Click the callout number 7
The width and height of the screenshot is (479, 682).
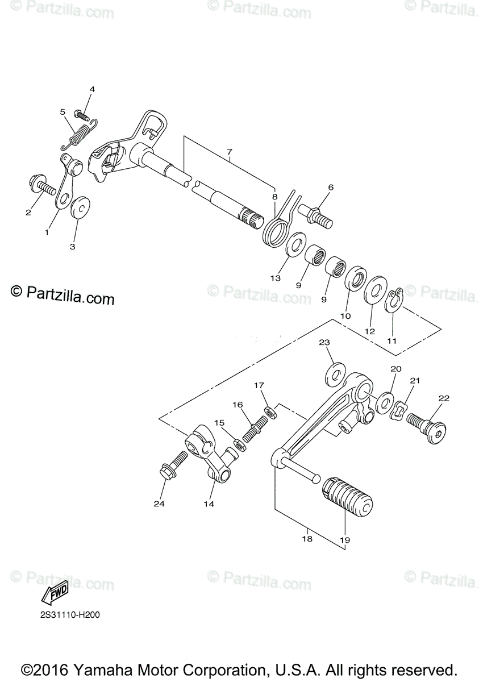click(x=230, y=152)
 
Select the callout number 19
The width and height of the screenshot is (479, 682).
click(x=346, y=539)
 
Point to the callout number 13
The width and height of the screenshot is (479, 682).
click(x=275, y=278)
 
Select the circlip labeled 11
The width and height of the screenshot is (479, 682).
click(x=393, y=301)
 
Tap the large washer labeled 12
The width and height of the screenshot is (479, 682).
click(x=375, y=291)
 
